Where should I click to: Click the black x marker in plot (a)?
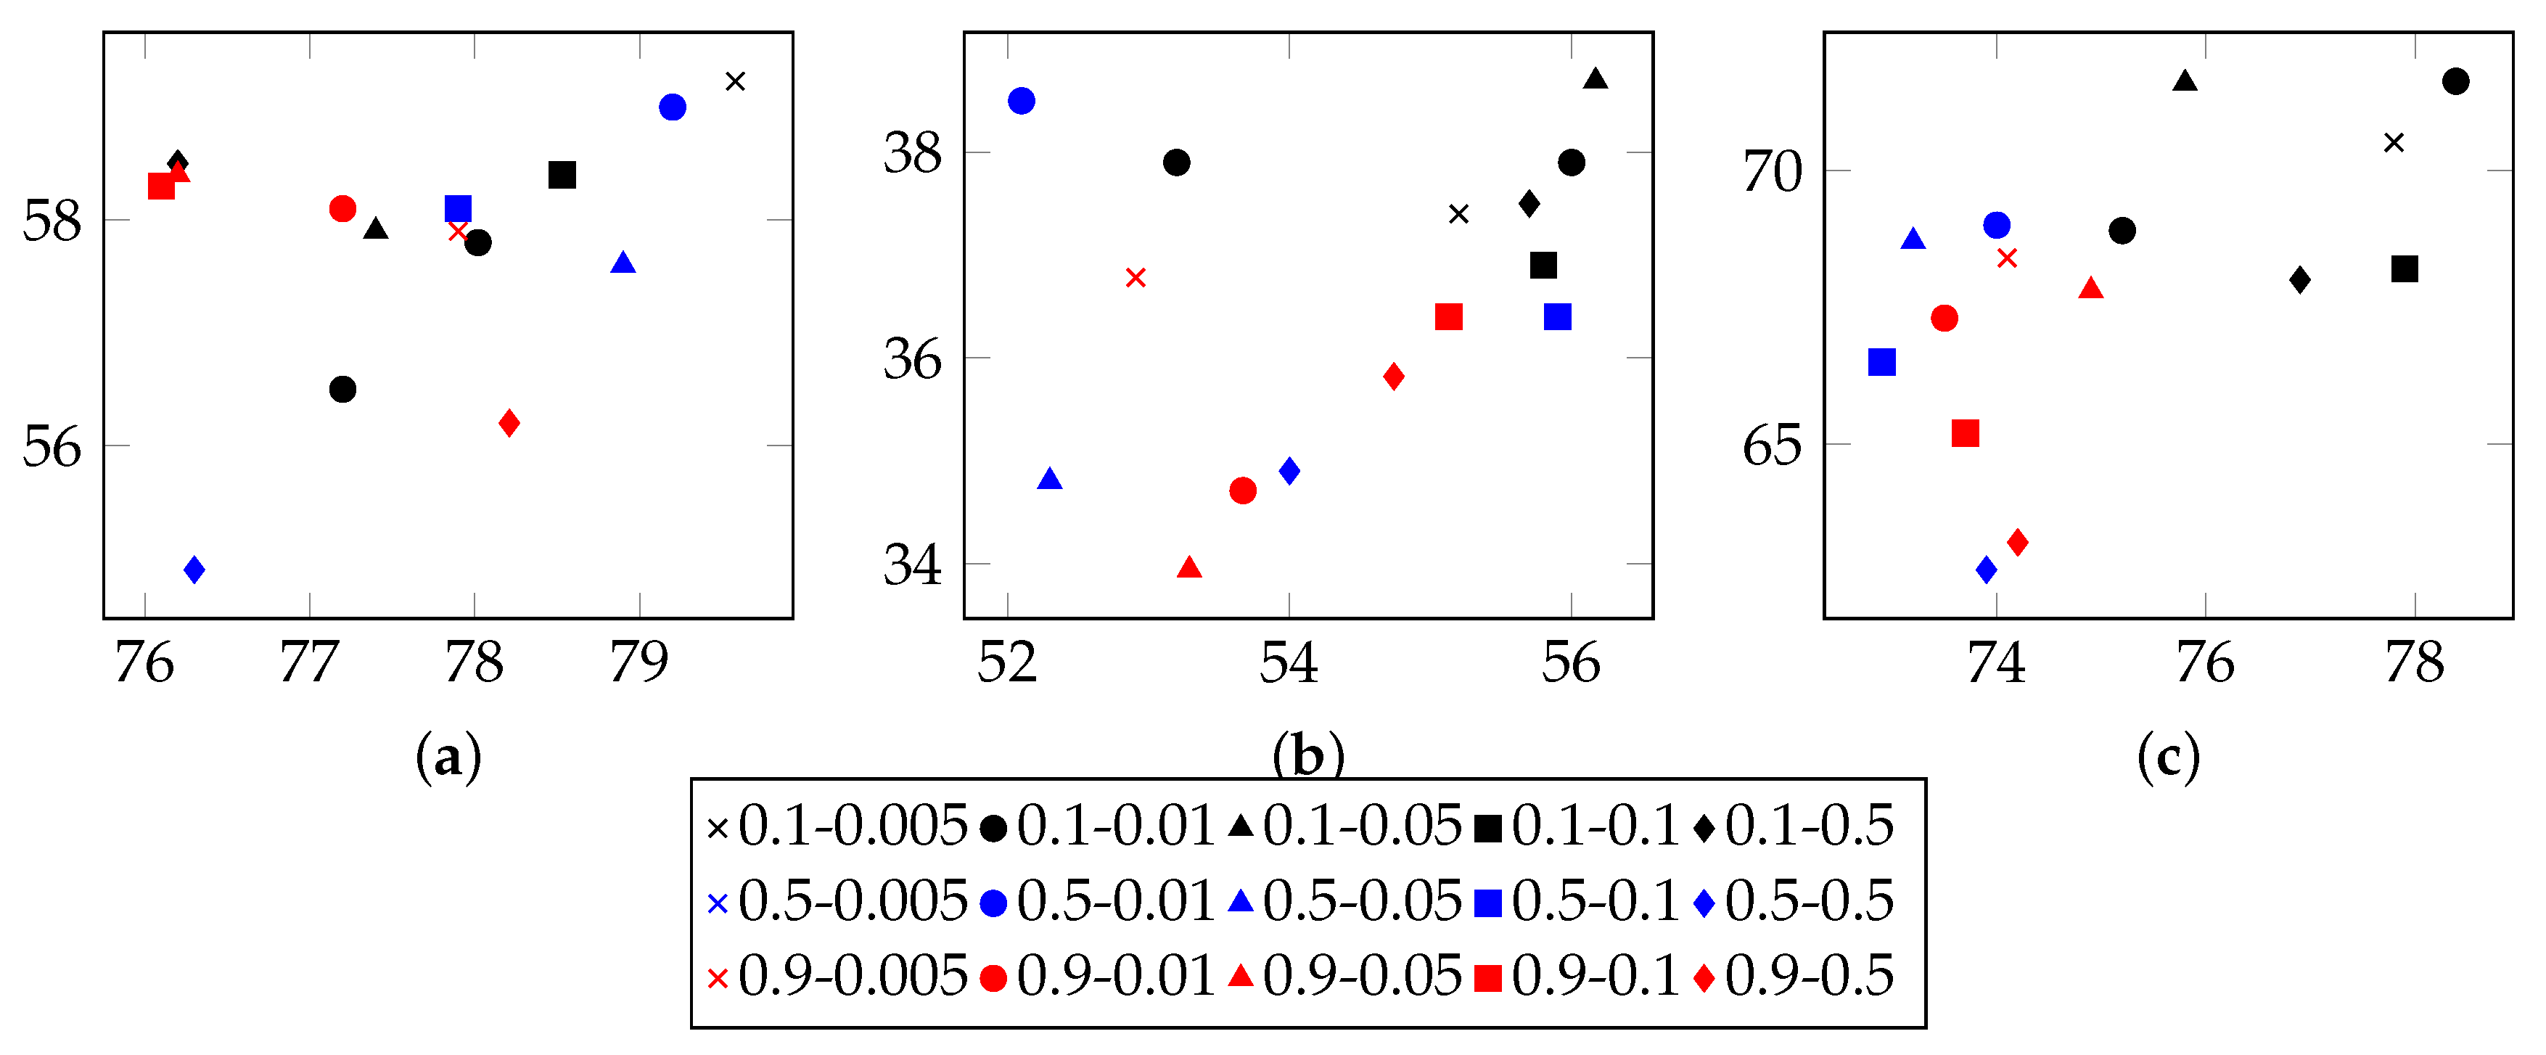point(734,81)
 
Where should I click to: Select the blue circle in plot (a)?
point(672,107)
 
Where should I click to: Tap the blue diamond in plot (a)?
point(194,570)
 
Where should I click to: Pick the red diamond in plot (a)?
point(509,423)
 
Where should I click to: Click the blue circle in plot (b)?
point(1021,101)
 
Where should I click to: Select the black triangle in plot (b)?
point(1596,79)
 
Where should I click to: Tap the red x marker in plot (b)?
point(1136,278)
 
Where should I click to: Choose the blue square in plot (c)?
point(1882,363)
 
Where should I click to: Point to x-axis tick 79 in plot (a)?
point(639,662)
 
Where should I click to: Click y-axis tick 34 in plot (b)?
point(911,565)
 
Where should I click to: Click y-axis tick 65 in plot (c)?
point(1771,446)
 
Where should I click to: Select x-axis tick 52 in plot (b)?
point(1007,662)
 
